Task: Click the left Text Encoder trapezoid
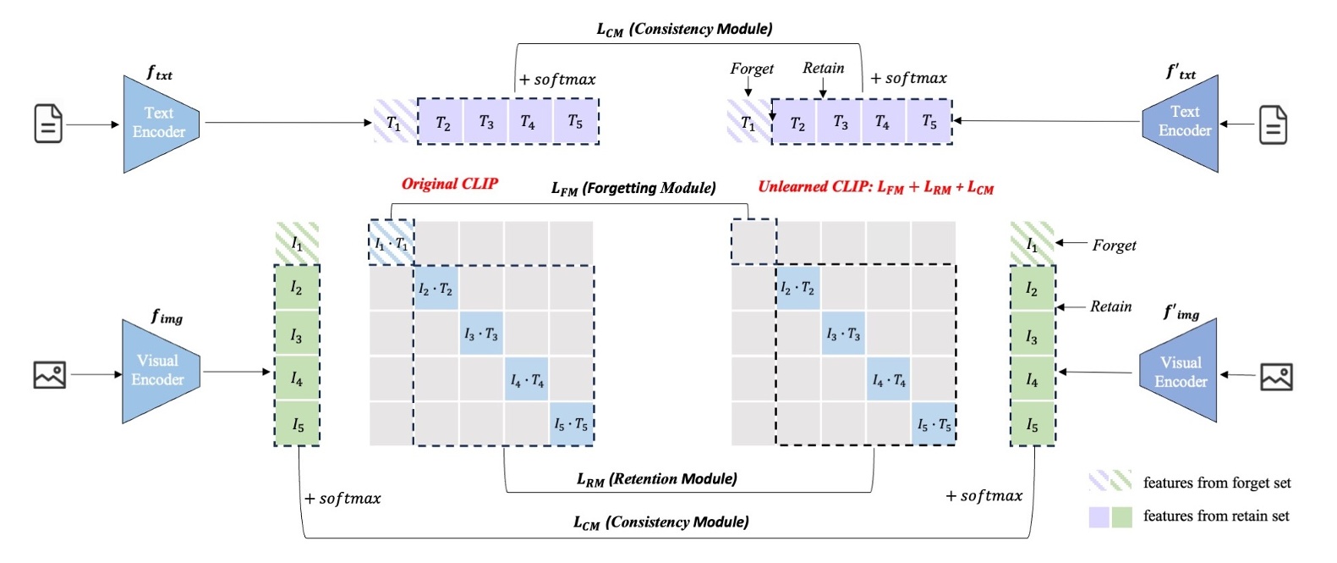tap(160, 124)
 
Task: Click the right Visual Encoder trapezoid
tap(1180, 372)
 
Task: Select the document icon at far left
tap(48, 124)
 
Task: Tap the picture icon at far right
tap(1276, 376)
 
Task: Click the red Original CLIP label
tap(449, 184)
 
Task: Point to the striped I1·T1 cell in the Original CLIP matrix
tap(391, 243)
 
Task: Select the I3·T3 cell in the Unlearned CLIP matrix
tap(843, 334)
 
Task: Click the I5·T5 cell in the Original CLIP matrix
tap(571, 423)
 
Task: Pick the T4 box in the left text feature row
tap(528, 122)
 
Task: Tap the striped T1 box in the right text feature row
tap(748, 123)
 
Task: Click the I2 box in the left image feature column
tap(296, 289)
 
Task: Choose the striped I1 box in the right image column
tap(1032, 244)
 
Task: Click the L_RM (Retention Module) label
tap(657, 479)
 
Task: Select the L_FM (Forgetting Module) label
tap(633, 188)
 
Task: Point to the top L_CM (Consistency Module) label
tap(684, 29)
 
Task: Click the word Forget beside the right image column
tap(1114, 245)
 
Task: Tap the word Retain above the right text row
tap(823, 69)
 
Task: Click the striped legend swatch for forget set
tap(1110, 482)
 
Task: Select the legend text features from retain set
tap(1215, 516)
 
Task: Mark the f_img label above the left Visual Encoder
tap(167, 317)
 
